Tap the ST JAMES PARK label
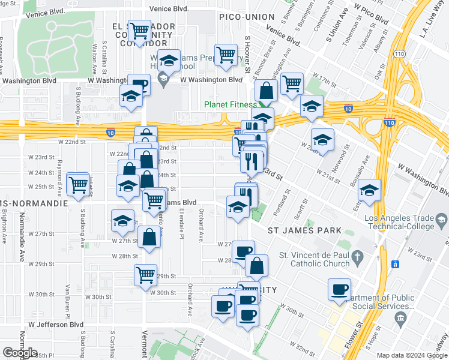coord(304,230)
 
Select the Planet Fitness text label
coord(231,104)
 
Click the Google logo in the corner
coord(20,352)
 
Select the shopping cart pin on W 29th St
coord(145,275)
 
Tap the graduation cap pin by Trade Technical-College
coord(369,190)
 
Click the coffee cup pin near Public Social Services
coord(339,290)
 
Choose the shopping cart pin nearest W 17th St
coord(292,84)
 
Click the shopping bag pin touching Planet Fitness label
coord(265,91)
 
